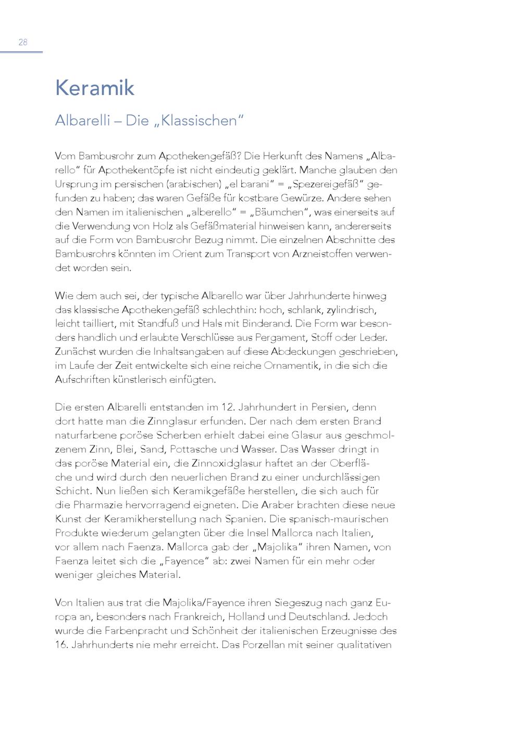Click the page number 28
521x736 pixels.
click(23, 43)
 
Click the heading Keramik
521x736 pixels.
click(94, 88)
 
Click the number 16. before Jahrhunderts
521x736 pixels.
click(61, 645)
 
